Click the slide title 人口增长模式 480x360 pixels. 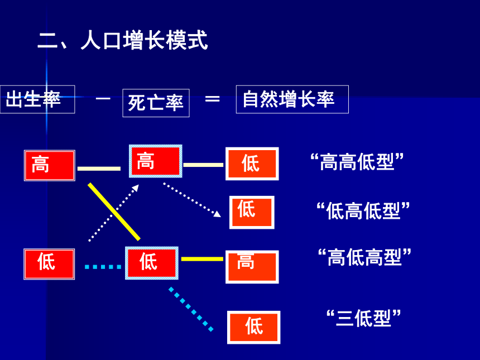145,40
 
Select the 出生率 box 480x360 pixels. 37,99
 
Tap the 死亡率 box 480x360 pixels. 156,103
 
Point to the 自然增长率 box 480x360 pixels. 292,99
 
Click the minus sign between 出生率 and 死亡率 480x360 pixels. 103,99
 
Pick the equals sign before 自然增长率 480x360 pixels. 213,99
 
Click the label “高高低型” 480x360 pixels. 357,162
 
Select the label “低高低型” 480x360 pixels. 363,210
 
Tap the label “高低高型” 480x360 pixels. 364,257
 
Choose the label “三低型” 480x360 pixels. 363,318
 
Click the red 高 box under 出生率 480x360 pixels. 50,165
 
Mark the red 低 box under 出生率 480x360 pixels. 49,264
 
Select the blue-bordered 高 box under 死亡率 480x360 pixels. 156,161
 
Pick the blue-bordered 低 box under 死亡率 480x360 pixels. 151,263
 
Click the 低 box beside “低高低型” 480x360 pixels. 252,213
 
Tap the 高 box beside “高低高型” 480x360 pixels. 252,267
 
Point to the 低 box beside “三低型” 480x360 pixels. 253,327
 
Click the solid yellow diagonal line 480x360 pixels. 114,212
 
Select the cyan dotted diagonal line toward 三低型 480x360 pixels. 191,309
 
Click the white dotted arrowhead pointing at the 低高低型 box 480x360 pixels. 217,214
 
